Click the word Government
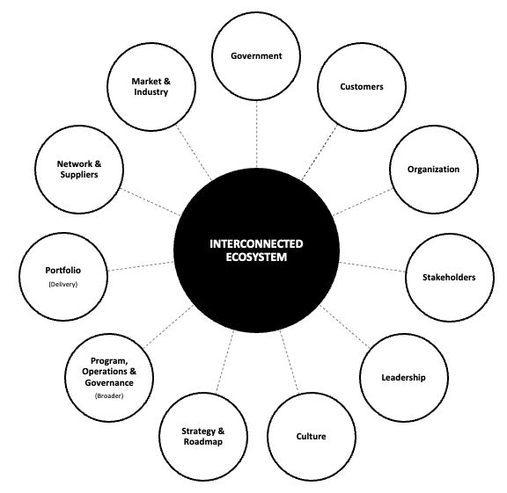pos(256,56)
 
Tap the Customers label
pos(362,86)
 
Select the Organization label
pos(433,170)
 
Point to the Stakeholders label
pos(449,278)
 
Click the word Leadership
pos(403,377)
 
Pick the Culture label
pos(311,437)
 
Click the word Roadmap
pos(203,442)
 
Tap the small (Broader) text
pos(109,395)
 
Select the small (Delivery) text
pos(63,284)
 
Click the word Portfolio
pos(63,271)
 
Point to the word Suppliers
pos(79,175)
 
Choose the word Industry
pos(151,92)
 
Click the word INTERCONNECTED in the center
pos(256,243)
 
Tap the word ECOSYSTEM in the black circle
pos(256,257)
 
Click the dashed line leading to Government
pos(257,134)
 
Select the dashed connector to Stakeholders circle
pos(372,266)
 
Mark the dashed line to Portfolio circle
pos(141,266)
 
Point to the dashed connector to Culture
pos(290,362)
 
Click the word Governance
pos(109,383)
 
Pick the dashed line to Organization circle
pos(364,202)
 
